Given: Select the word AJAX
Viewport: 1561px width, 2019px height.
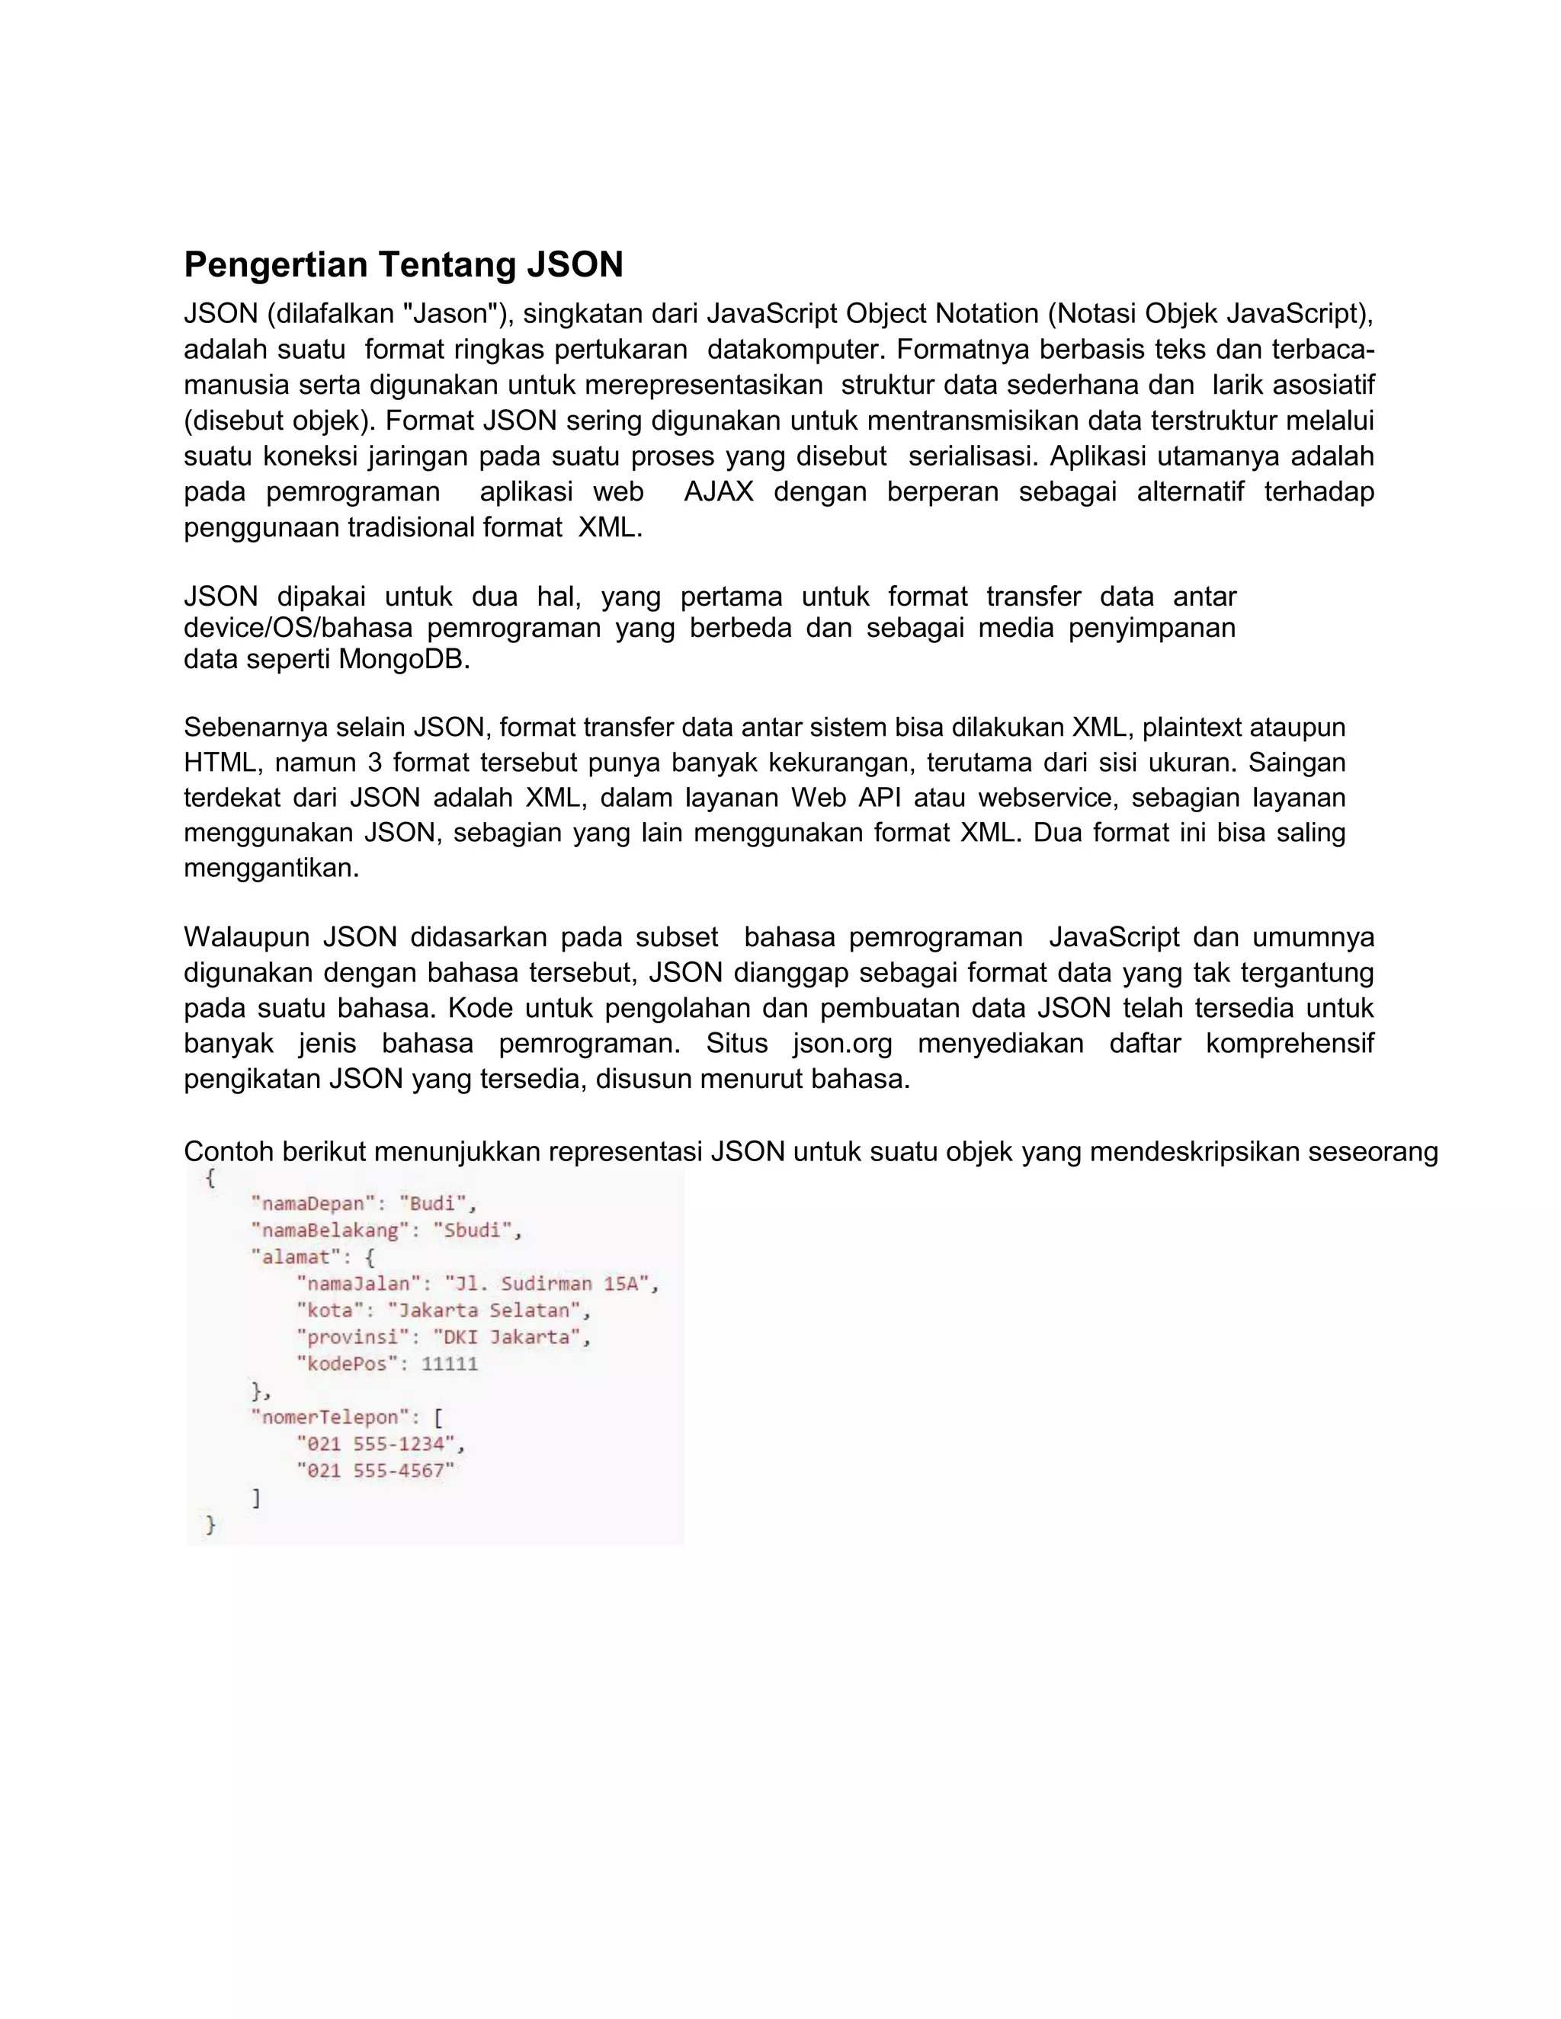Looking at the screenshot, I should [x=719, y=492].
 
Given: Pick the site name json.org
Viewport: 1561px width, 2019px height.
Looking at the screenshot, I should [x=842, y=1044].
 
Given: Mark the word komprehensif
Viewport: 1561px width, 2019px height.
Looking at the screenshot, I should [x=1289, y=1044].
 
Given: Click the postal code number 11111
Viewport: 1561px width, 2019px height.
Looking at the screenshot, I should [x=450, y=1364].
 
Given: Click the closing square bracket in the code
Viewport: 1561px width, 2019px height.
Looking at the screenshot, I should [x=256, y=1498].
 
